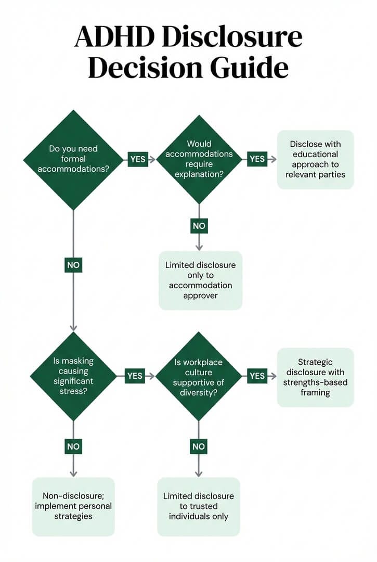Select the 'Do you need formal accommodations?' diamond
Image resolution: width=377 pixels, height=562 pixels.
click(x=73, y=159)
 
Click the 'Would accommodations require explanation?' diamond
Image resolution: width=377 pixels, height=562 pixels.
click(x=199, y=159)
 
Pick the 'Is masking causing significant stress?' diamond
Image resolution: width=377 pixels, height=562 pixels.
click(x=73, y=376)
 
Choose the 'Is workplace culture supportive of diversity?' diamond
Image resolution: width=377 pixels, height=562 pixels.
click(x=199, y=376)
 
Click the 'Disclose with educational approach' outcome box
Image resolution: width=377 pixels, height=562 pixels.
click(x=315, y=159)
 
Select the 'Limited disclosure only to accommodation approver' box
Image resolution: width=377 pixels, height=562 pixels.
click(x=200, y=280)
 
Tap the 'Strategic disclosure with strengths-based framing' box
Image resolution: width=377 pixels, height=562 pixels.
click(x=315, y=377)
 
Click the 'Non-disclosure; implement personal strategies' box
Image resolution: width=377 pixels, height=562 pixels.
click(x=73, y=506)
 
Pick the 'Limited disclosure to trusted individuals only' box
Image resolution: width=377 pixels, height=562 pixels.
click(x=199, y=506)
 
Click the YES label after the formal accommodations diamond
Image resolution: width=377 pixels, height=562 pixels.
click(x=138, y=159)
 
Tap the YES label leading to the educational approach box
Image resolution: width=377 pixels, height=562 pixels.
click(x=257, y=159)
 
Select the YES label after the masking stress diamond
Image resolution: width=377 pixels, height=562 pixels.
click(x=135, y=376)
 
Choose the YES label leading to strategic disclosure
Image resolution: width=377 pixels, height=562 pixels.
click(x=257, y=376)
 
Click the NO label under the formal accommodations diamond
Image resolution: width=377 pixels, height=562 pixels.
click(x=73, y=265)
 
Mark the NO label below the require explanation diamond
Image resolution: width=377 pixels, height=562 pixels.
click(x=199, y=226)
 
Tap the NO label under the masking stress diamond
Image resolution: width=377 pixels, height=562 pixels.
click(x=73, y=446)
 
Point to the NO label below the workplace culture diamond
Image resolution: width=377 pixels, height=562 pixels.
click(x=199, y=446)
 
